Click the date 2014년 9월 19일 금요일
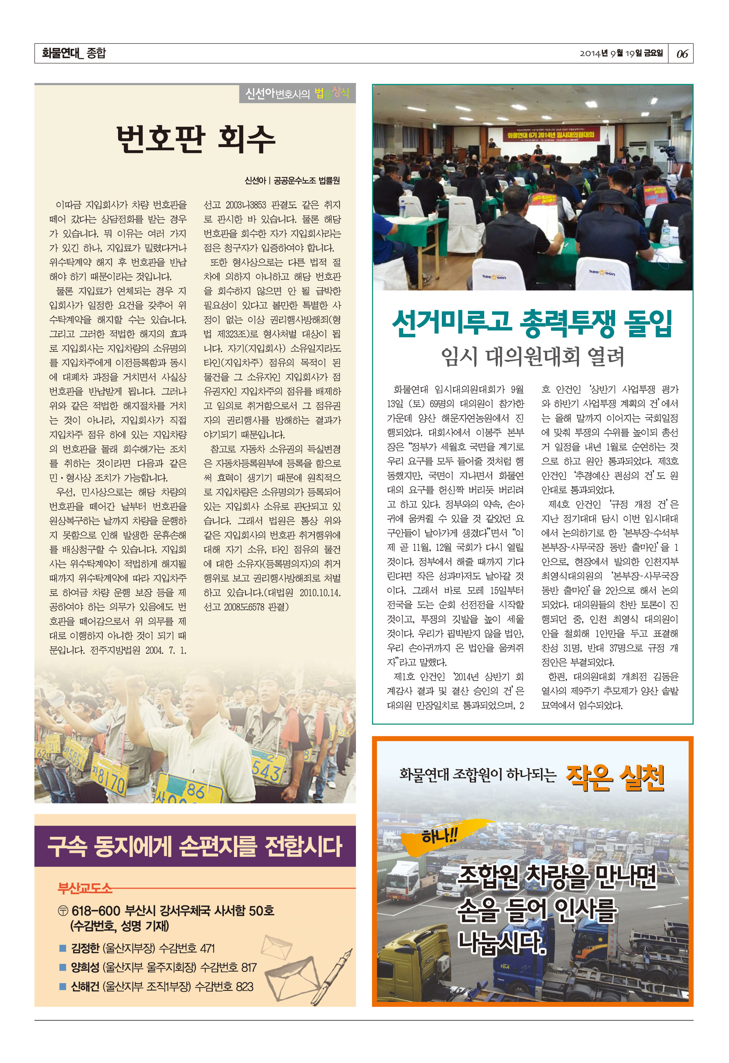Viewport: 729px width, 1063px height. pos(621,53)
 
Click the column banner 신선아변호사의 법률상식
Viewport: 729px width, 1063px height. pos(297,94)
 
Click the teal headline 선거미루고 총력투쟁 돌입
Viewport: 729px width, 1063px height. pos(532,323)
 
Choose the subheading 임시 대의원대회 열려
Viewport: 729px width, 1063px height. pos(532,357)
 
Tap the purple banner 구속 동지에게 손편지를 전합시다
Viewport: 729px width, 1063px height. pos(195,847)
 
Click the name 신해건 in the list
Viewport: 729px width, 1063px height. pos(85,986)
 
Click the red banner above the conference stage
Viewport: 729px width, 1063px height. pos(550,134)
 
